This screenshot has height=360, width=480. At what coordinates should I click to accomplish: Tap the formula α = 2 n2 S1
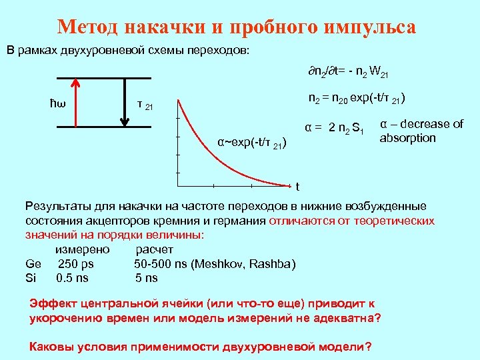[333, 127]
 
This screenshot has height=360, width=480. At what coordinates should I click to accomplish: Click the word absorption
[407, 138]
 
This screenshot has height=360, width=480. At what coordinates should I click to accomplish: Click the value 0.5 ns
[73, 277]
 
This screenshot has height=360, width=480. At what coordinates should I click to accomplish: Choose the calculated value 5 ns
[146, 277]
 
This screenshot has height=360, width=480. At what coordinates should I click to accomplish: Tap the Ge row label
[33, 264]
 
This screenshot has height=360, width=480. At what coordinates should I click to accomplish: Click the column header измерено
[83, 250]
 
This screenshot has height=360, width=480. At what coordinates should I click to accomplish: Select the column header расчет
[155, 250]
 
